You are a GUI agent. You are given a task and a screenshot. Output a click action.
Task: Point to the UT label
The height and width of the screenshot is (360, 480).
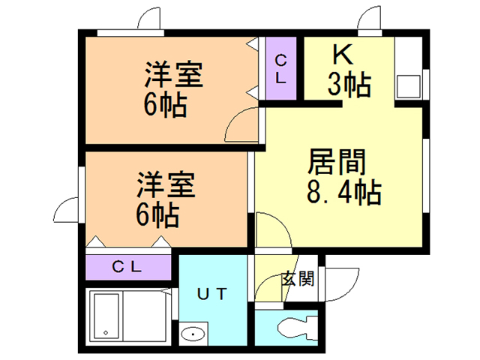coord(212,293)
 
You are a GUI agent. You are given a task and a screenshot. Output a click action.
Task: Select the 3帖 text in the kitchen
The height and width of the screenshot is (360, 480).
coord(349,85)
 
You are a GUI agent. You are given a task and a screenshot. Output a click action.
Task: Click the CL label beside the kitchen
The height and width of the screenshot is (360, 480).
coord(280,68)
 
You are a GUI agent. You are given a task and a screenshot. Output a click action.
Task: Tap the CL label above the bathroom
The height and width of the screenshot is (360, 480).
coord(128,265)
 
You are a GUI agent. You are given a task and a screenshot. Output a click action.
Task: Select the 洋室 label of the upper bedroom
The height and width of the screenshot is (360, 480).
coord(174,76)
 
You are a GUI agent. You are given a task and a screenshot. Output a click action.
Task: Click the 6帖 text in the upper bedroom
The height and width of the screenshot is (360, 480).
coord(166,106)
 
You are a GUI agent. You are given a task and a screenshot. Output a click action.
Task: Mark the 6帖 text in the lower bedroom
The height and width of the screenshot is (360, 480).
coord(157,216)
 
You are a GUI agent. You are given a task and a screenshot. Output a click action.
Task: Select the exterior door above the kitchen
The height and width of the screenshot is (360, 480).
coord(369,20)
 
